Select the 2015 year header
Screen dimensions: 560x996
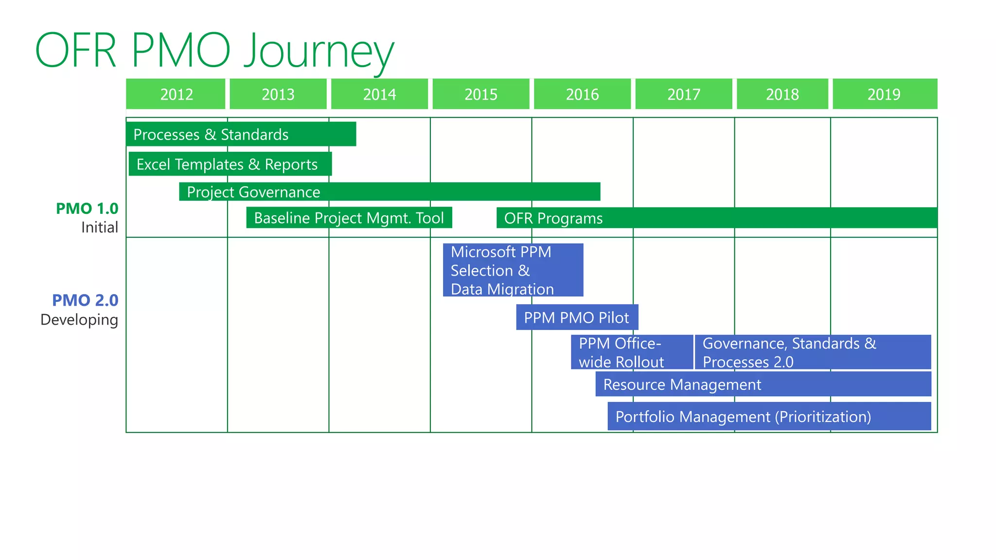480,94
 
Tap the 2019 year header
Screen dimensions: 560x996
884,94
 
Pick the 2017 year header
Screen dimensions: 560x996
683,94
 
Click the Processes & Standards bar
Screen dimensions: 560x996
241,134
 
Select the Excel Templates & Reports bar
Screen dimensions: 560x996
230,164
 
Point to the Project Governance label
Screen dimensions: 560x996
253,192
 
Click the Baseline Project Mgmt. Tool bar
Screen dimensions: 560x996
349,218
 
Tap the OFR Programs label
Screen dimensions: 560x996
553,218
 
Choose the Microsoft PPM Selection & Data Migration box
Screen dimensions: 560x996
513,270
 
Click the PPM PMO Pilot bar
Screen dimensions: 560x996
577,317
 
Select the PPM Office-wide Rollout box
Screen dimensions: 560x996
631,352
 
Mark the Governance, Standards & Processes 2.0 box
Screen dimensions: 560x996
812,352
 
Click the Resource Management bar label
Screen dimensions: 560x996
682,385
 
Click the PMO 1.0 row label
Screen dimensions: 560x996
87,209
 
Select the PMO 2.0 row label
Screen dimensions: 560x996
85,300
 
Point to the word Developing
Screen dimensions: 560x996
79,320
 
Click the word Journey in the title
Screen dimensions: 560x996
319,51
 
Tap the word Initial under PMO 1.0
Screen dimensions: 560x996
99,227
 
